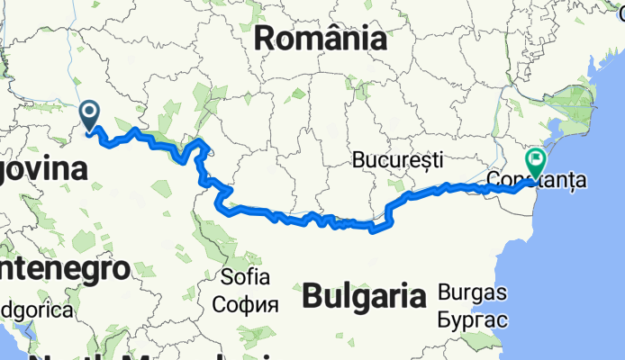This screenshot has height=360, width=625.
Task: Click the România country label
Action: point(321,39)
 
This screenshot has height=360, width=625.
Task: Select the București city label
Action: point(398,160)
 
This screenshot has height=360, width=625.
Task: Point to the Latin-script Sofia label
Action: point(240,275)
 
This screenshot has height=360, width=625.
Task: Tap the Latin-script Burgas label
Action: point(473,292)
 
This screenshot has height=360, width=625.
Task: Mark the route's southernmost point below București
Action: point(372,230)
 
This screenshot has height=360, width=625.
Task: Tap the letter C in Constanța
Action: point(494,181)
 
